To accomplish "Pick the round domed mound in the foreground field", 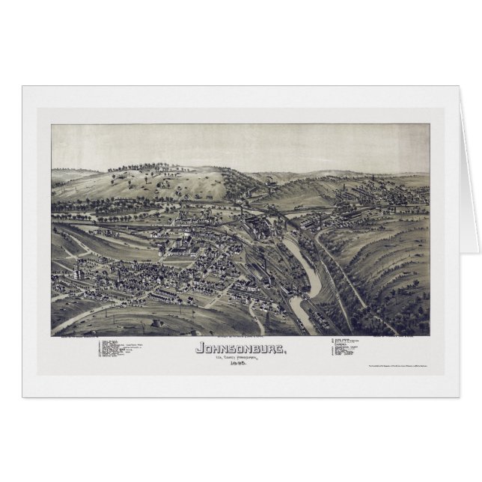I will (158, 322).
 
